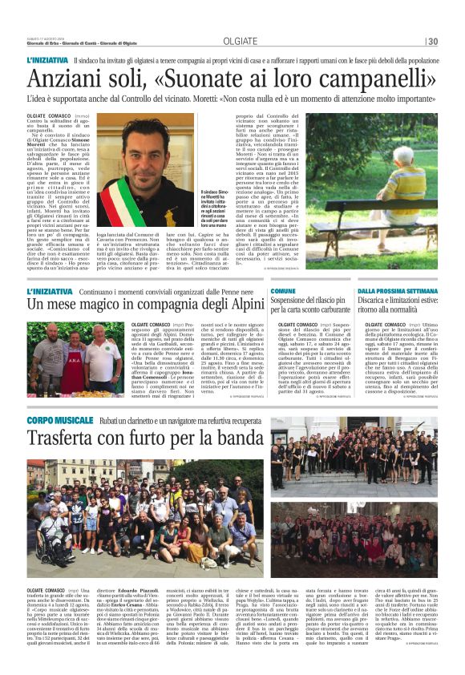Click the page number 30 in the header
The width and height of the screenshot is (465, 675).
(432, 42)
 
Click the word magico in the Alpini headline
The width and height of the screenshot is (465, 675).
(106, 305)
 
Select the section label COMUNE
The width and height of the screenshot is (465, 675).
(282, 291)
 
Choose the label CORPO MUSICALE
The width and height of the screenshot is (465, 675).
(56, 419)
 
